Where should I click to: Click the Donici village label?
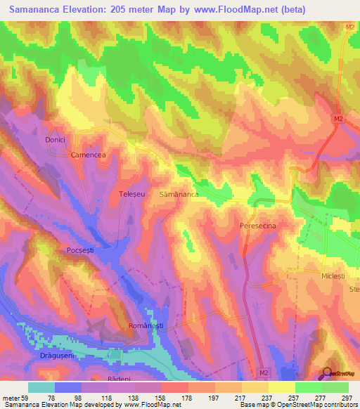pyautogui.click(x=56, y=140)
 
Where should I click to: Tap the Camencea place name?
pyautogui.click(x=86, y=154)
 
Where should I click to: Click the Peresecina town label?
pyautogui.click(x=262, y=225)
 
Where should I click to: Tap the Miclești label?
pyautogui.click(x=333, y=276)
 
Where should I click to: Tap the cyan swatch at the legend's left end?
pyautogui.click(x=41, y=387)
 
